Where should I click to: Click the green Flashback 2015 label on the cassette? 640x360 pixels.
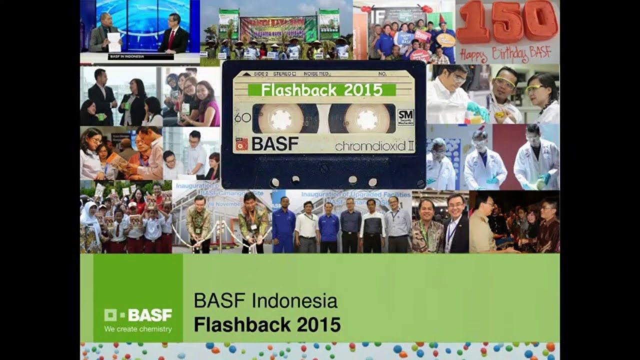coord(322,90)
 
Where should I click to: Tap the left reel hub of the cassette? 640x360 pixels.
coord(277,118)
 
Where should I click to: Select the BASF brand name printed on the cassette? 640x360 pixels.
coord(275,144)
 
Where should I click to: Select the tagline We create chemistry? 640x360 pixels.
coord(137,329)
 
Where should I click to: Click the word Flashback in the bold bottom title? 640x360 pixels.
coord(242,324)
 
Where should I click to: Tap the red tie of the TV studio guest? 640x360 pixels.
coord(171,37)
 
